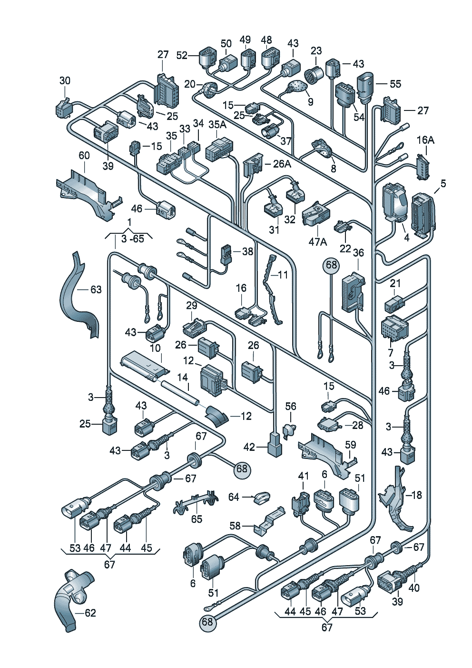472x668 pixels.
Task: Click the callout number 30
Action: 65,81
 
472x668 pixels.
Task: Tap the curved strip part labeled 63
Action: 79,294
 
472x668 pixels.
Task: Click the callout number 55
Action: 395,84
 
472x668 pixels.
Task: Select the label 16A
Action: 425,140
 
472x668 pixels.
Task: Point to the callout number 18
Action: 416,495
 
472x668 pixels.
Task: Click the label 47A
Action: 318,242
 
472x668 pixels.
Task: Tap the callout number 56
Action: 291,407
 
